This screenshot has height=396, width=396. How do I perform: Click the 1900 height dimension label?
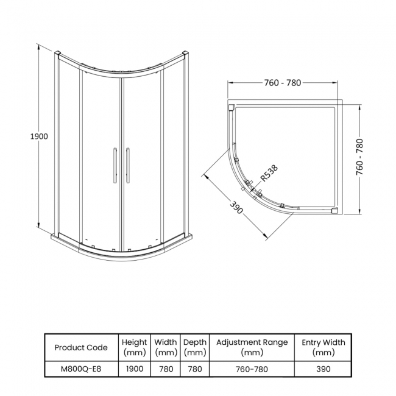point(38,136)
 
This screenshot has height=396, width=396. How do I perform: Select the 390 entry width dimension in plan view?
point(237,208)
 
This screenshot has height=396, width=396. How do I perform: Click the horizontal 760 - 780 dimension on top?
point(283,83)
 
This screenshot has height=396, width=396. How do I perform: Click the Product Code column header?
point(81,347)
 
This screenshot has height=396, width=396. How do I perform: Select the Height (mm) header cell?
point(134,347)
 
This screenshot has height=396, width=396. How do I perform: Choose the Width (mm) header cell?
point(166,347)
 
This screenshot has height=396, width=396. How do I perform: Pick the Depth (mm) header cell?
point(195,347)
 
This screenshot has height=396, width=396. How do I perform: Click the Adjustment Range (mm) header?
point(252,347)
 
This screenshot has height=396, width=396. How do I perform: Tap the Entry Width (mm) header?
point(324,347)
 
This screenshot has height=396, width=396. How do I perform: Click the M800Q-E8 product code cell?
point(81,369)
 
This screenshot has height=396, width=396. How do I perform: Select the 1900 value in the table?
point(134,369)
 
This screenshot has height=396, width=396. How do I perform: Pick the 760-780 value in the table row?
point(252,369)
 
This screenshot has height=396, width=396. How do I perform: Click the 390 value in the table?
point(324,369)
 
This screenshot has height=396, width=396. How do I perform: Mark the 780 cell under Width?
point(166,369)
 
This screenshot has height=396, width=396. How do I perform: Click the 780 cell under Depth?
point(195,369)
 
